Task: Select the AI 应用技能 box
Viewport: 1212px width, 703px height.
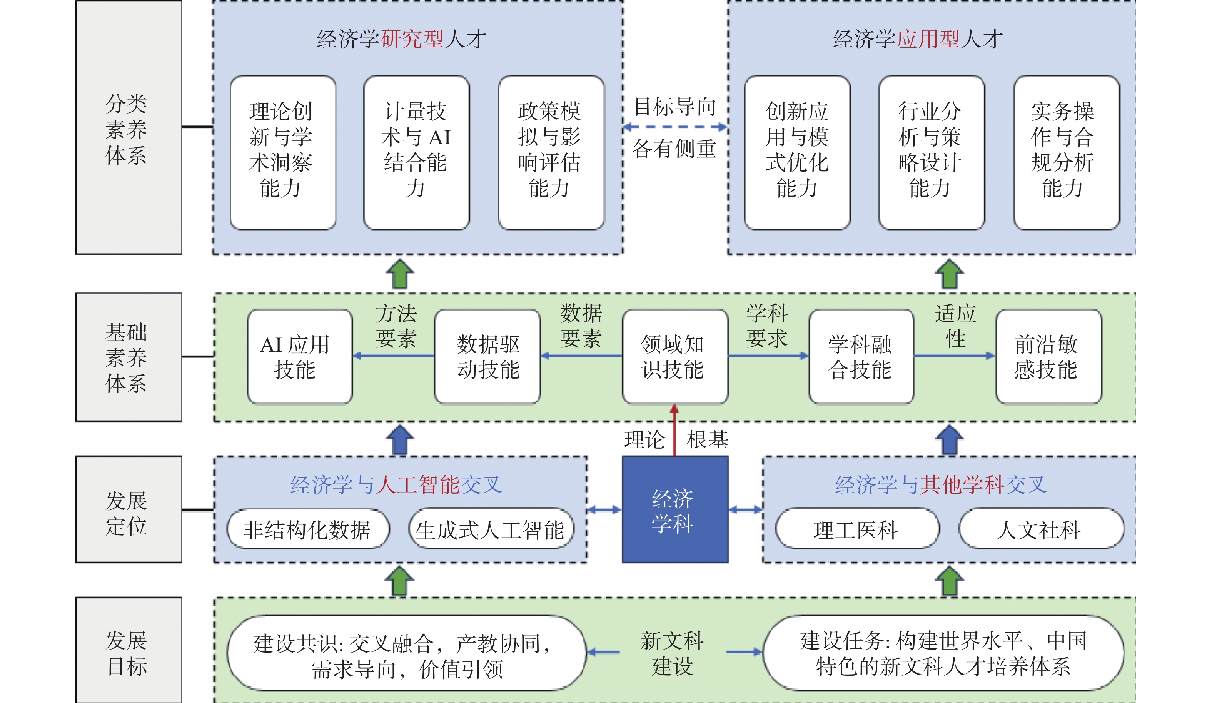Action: click(x=300, y=356)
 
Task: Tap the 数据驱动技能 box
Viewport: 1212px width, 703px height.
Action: click(x=487, y=356)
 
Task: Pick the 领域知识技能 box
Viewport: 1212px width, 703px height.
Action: click(x=675, y=356)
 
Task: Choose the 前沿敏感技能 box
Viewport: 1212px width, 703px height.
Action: click(x=1048, y=356)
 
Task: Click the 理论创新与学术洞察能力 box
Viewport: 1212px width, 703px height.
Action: click(x=283, y=153)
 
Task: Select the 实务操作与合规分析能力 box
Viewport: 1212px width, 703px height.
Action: click(x=1066, y=153)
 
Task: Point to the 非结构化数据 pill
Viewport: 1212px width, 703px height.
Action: click(x=308, y=529)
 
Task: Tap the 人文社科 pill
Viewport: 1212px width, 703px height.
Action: click(x=1041, y=529)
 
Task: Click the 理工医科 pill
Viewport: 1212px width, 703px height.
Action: click(x=857, y=529)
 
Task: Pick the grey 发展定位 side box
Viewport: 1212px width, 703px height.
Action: click(x=129, y=509)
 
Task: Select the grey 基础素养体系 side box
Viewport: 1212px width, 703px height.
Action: click(x=129, y=357)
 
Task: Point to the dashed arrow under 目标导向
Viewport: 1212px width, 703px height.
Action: click(x=675, y=127)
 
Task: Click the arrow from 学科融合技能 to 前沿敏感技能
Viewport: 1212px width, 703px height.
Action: click(x=954, y=356)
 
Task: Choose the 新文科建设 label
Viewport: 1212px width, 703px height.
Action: click(x=673, y=653)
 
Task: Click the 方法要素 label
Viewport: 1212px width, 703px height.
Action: click(x=396, y=326)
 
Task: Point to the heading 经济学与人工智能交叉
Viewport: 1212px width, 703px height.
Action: click(x=396, y=485)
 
